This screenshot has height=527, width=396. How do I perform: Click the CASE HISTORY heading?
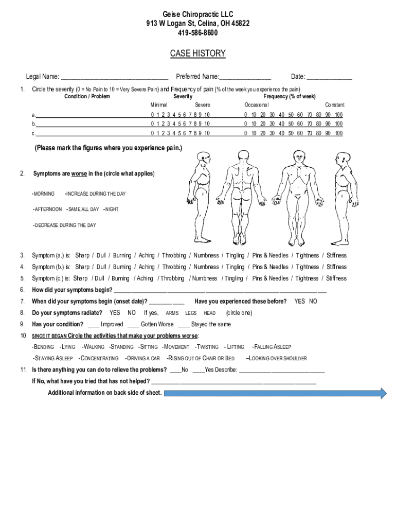coord(197,54)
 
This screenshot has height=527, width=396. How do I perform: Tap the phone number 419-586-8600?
coord(197,33)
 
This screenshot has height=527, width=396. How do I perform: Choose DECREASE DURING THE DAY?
coord(65,225)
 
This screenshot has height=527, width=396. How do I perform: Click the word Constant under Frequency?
coord(334,105)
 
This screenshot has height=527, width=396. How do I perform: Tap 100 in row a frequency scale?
coord(338,114)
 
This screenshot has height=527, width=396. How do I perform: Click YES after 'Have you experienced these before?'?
coord(299,302)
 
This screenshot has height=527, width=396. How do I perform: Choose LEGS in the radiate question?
coord(191,313)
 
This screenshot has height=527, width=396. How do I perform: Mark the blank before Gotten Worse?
coord(133,325)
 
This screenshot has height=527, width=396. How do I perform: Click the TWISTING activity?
coord(207,347)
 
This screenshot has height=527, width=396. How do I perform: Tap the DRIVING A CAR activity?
coord(143,358)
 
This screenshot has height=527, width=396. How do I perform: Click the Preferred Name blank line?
coord(245,78)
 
